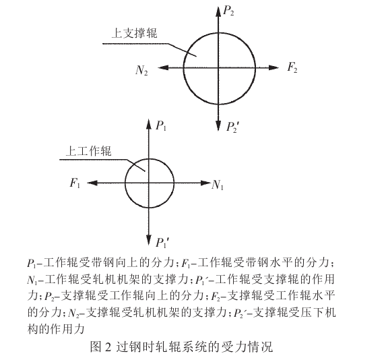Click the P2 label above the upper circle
(229, 11)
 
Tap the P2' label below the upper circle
(232, 126)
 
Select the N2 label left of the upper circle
(141, 69)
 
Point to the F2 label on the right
(292, 68)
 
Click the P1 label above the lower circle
(161, 125)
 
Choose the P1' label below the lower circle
(162, 241)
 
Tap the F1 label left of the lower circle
(74, 183)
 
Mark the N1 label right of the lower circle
(218, 185)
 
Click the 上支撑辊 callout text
(131, 32)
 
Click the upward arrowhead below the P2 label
(219, 10)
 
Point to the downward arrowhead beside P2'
(219, 125)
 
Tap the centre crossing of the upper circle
(219, 67)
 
